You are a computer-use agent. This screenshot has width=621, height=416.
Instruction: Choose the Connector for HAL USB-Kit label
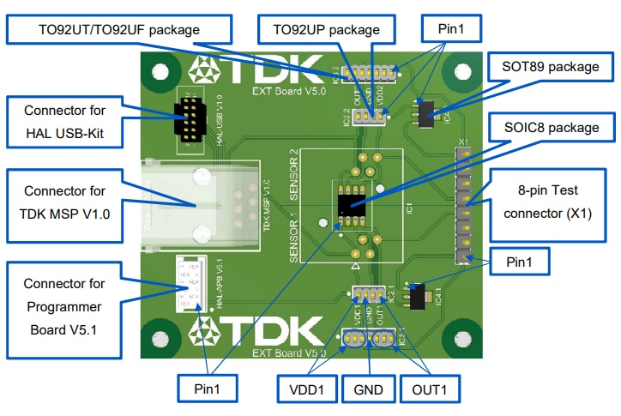(65, 122)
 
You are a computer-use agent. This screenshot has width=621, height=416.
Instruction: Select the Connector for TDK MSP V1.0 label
(65, 202)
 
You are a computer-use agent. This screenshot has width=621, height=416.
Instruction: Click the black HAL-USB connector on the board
(189, 119)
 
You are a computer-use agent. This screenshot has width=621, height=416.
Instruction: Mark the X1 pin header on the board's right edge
(466, 202)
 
